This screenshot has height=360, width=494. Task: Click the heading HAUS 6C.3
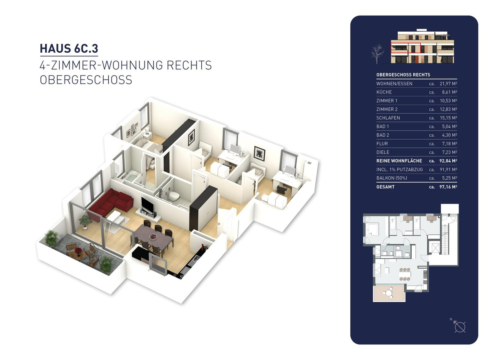69,48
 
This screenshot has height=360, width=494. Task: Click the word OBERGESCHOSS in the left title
86,79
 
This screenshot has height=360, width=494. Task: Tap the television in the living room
147,205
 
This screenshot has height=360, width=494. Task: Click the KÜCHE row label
384,92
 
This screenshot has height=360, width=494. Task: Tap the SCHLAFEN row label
388,118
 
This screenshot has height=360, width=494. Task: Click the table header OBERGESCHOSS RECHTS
403,75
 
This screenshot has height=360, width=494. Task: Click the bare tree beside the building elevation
376,54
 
